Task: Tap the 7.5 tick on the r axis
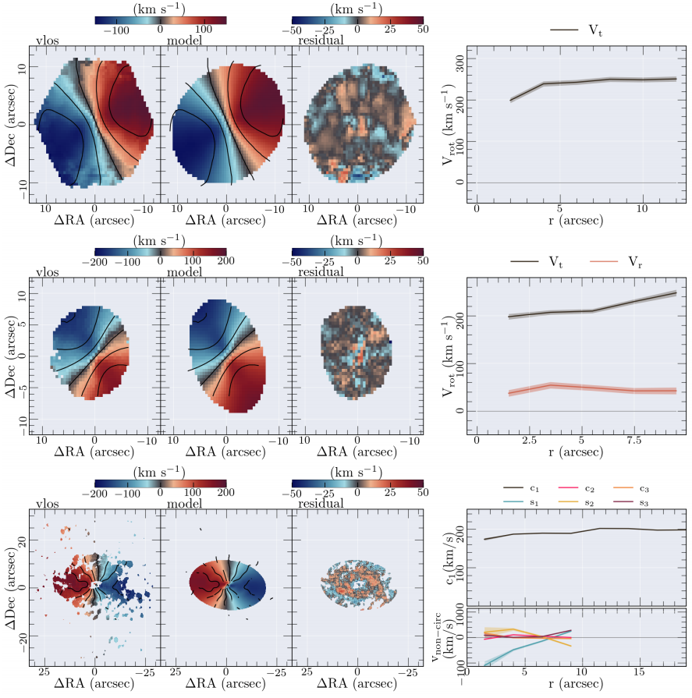pyautogui.click(x=633, y=442)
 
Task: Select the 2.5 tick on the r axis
pyautogui.click(x=529, y=442)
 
